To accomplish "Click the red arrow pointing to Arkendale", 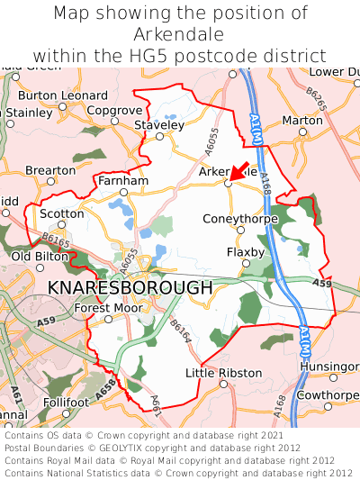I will (x=238, y=171).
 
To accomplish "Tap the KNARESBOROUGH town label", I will (x=130, y=287).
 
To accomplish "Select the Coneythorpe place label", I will (x=239, y=217).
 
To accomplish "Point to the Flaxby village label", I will (x=246, y=252).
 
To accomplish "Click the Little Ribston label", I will (x=223, y=373).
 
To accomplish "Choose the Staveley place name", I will (x=158, y=125).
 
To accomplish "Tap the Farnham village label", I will (x=123, y=180).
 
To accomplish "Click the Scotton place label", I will (x=62, y=213).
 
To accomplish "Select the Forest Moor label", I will (x=108, y=308).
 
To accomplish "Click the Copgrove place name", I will (x=114, y=110).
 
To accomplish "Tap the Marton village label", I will (x=302, y=120).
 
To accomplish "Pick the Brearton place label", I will (x=50, y=170).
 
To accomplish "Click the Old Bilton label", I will (x=39, y=257).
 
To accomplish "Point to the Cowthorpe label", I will (x=328, y=395).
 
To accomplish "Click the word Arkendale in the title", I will (x=180, y=34).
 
